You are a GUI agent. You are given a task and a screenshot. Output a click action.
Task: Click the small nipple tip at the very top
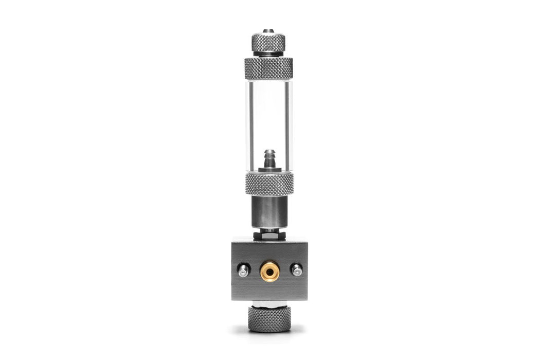click(x=268, y=31)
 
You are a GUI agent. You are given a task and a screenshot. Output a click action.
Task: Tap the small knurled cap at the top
click(x=268, y=41)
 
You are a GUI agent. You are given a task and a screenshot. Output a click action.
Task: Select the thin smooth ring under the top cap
click(x=268, y=53)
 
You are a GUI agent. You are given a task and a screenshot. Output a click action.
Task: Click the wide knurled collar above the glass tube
click(x=268, y=68)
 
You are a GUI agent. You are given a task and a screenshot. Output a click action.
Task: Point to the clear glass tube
click(x=268, y=118)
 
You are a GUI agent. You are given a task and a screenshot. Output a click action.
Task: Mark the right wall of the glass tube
click(x=289, y=123)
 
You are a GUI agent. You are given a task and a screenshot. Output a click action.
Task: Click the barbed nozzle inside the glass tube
click(x=269, y=156)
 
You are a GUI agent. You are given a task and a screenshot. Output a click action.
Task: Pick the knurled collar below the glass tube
click(x=269, y=184)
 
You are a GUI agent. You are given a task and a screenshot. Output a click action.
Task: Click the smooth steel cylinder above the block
click(x=268, y=211)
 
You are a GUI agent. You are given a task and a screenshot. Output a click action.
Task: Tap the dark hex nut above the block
click(x=268, y=234)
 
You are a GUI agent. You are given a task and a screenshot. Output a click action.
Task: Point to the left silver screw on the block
click(x=243, y=269)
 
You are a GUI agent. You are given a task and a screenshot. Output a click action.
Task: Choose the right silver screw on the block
click(x=296, y=269)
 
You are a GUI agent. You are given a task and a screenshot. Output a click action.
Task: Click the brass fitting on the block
click(x=269, y=271)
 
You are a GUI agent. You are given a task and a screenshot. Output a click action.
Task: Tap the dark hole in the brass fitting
click(x=269, y=271)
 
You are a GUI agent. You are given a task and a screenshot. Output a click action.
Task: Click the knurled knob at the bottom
click(x=269, y=318)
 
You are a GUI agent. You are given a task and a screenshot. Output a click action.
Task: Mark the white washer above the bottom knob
click(x=269, y=303)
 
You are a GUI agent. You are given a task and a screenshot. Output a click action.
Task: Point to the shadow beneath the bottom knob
click(x=269, y=333)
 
